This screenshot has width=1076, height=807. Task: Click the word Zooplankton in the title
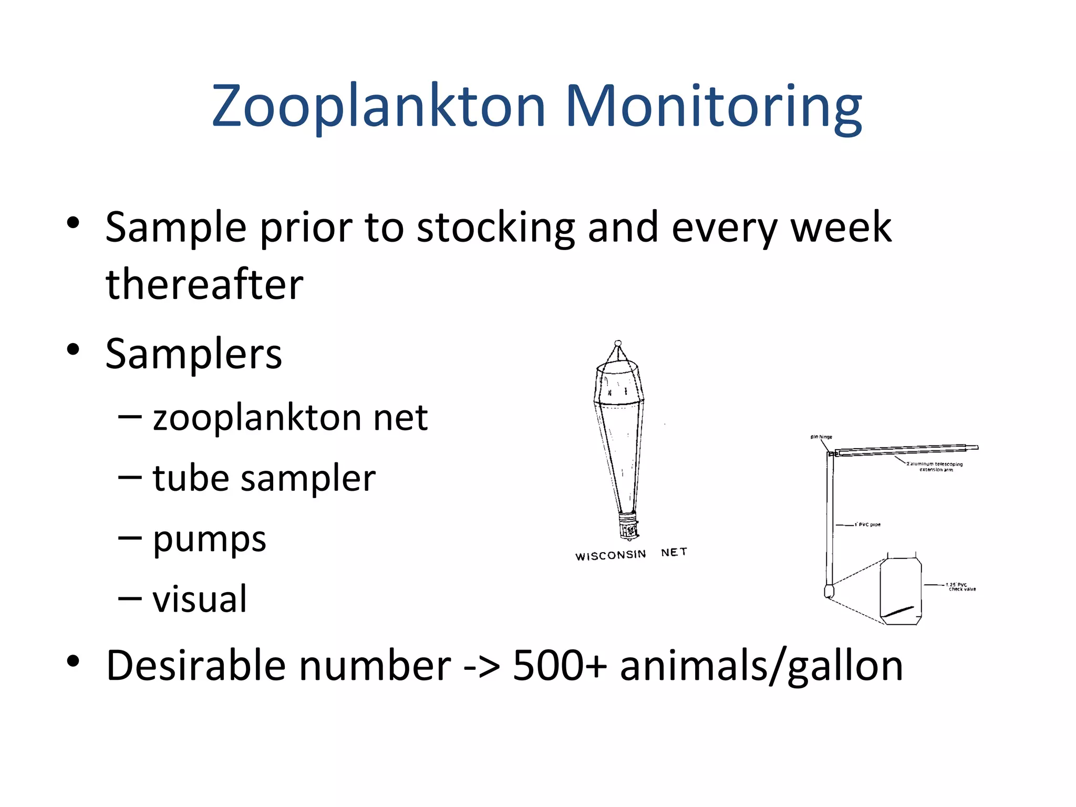tap(378, 107)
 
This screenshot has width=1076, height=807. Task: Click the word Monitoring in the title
tap(713, 107)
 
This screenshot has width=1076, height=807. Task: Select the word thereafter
tap(204, 284)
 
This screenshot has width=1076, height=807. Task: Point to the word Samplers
tap(193, 354)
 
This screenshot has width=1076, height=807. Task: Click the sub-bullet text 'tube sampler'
tap(264, 479)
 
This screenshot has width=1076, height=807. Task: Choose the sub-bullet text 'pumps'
tap(209, 540)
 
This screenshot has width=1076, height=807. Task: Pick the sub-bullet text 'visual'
tap(199, 599)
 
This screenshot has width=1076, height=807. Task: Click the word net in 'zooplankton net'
tap(400, 418)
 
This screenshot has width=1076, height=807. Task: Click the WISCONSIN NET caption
tap(630, 554)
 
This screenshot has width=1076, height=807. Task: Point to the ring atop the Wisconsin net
tap(618, 343)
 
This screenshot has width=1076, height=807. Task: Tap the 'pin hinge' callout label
tap(821, 437)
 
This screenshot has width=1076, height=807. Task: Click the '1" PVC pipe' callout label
tap(867, 524)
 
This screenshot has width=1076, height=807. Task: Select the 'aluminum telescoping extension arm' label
tap(935, 467)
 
